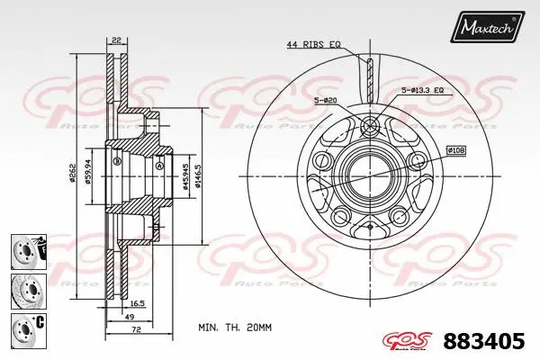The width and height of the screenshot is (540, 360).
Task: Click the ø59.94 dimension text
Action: click(87, 172)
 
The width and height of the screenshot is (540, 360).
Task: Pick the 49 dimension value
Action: click(130, 317)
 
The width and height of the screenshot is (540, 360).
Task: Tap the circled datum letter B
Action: click(116, 163)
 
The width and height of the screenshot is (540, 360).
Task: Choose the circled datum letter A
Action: click(159, 165)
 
